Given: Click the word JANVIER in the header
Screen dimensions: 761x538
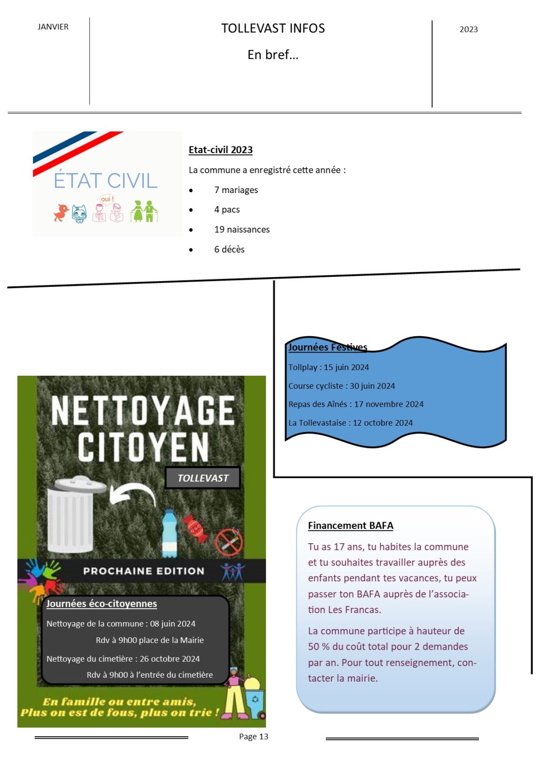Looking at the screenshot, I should [x=53, y=27].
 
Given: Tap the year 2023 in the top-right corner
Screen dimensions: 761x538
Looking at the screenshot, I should [x=468, y=29].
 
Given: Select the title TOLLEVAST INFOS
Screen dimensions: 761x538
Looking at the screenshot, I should [x=273, y=29].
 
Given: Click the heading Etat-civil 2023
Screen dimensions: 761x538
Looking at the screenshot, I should [x=220, y=150].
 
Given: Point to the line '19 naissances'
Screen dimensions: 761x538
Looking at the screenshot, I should [x=242, y=229].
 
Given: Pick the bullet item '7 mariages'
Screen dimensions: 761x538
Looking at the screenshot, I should [x=236, y=190].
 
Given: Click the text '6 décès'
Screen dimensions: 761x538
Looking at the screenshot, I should [x=229, y=249].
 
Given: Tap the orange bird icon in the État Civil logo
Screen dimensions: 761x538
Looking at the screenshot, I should [x=61, y=212].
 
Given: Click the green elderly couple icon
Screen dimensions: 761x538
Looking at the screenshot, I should [x=144, y=211].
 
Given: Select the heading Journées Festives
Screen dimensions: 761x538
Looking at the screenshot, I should [x=328, y=347].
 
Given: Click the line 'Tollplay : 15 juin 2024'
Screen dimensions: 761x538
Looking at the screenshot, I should [x=328, y=367].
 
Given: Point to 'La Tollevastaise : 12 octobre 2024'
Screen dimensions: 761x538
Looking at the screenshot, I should [x=350, y=422].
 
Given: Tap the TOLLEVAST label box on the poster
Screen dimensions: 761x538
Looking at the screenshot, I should [x=203, y=478].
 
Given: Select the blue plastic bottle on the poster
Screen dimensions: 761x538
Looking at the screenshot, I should [x=170, y=534].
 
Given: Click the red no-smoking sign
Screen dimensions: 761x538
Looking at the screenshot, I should [x=229, y=541].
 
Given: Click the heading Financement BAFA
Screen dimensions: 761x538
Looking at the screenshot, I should [x=350, y=526].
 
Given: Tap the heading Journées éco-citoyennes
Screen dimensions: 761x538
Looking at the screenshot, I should [x=101, y=604].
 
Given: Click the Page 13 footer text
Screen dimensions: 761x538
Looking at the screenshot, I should [x=254, y=736].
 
